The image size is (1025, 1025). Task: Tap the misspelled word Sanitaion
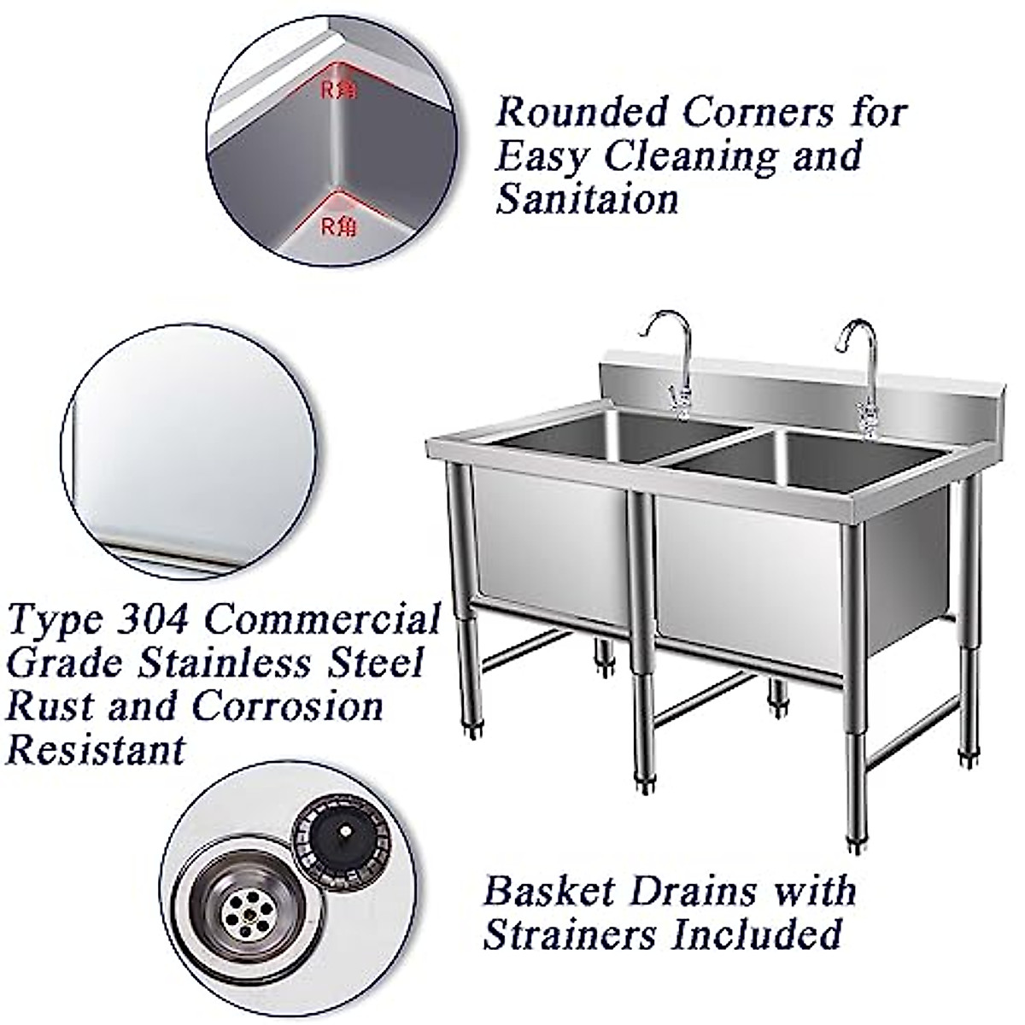587,199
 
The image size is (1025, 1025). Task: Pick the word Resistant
96,750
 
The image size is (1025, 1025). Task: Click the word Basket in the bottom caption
548,891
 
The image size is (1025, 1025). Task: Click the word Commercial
321,619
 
